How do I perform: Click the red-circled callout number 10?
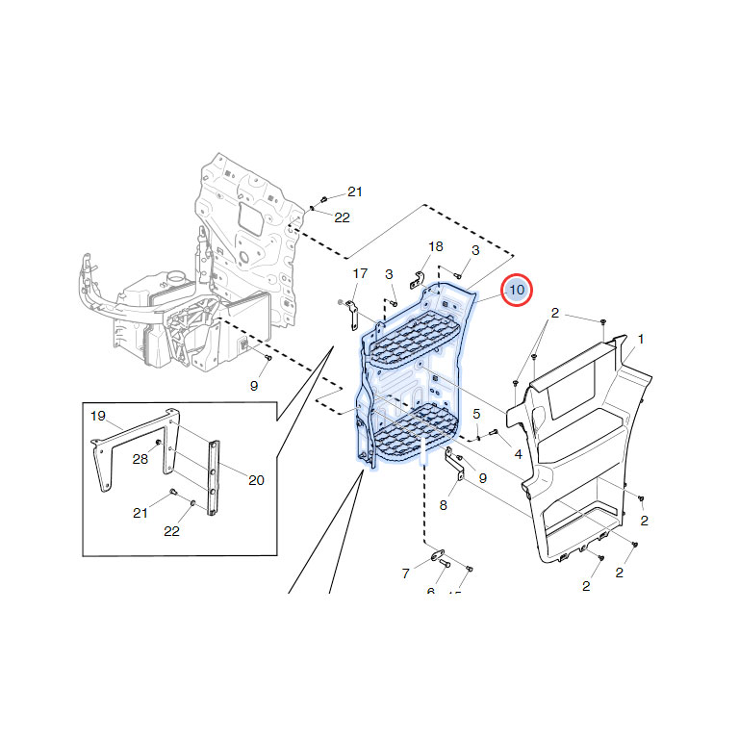tap(517, 290)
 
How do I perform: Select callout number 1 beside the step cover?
tap(641, 339)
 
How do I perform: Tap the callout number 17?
tap(360, 273)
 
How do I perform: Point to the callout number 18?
tap(436, 246)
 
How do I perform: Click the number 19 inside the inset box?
tap(97, 416)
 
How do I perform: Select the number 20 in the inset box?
tap(256, 480)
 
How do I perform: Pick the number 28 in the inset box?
tap(140, 460)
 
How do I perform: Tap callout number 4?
tap(518, 453)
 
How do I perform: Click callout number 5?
tap(475, 414)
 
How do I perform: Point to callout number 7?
tap(405, 573)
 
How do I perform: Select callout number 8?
tap(443, 504)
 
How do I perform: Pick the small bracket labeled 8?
tap(459, 468)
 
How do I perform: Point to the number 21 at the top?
tap(355, 191)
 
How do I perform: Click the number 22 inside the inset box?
tap(172, 531)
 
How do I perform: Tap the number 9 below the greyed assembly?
tap(254, 386)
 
